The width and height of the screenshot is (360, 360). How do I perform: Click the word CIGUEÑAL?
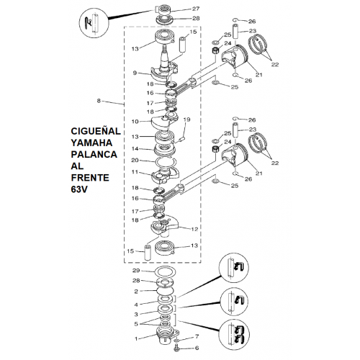click(96, 130)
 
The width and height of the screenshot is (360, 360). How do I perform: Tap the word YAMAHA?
click(91, 143)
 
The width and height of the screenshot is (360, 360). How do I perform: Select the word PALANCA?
click(94, 154)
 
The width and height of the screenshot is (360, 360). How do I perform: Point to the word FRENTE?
click(90, 178)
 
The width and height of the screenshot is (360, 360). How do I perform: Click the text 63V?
click(79, 189)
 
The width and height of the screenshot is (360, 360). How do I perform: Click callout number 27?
click(196, 9)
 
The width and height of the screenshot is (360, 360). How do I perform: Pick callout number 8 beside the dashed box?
click(99, 101)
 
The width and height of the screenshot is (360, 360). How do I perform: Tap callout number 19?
click(186, 120)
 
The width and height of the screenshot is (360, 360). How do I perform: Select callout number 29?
click(136, 271)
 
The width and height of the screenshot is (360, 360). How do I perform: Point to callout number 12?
click(194, 229)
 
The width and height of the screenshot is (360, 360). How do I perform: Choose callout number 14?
click(135, 149)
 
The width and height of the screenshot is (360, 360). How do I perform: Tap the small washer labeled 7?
click(176, 341)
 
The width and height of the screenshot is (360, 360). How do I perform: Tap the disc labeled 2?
click(166, 291)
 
